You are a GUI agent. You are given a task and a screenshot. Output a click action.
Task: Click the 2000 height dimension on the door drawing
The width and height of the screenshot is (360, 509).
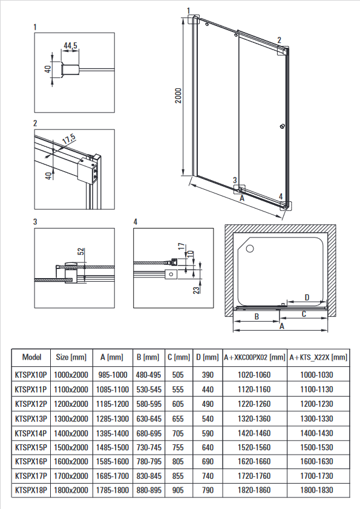178,96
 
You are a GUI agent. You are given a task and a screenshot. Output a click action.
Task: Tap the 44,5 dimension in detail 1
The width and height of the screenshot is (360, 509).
71,45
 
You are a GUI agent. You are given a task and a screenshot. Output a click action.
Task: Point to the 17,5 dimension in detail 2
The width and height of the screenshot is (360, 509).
69,138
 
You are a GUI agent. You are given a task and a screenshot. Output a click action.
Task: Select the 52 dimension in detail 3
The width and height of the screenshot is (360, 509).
81,251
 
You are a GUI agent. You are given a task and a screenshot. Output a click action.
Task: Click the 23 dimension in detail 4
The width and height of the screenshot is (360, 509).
197,290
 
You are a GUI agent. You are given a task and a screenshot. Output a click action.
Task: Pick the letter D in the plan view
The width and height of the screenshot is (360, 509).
307,297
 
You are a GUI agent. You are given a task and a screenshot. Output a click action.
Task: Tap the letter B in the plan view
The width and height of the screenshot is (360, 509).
257,316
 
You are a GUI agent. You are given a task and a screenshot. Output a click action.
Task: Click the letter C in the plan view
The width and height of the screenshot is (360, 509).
304,314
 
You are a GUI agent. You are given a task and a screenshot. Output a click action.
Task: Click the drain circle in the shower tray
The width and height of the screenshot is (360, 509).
250,248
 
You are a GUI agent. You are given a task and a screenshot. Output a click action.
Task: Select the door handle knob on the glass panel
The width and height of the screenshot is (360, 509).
282,126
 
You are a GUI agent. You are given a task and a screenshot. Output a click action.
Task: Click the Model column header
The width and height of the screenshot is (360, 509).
31,357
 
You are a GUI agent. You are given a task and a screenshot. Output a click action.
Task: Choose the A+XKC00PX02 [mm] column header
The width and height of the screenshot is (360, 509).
254,357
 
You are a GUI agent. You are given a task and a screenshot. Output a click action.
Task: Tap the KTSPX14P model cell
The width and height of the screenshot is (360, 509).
31,433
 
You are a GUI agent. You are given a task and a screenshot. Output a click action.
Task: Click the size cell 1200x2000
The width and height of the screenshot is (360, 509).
71,404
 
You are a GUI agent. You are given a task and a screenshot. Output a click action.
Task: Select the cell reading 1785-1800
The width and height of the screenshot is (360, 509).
113,490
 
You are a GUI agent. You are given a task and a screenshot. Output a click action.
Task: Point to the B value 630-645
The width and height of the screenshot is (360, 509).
149,419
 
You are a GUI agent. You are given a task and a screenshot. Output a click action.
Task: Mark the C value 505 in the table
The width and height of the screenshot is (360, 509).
178,375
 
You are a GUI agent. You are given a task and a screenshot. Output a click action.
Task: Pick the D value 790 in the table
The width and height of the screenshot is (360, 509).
208,490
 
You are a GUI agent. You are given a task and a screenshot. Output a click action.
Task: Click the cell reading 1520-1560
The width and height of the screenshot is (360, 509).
254,448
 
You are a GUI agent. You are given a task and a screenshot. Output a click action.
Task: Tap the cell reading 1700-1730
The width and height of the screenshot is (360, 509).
316,476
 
